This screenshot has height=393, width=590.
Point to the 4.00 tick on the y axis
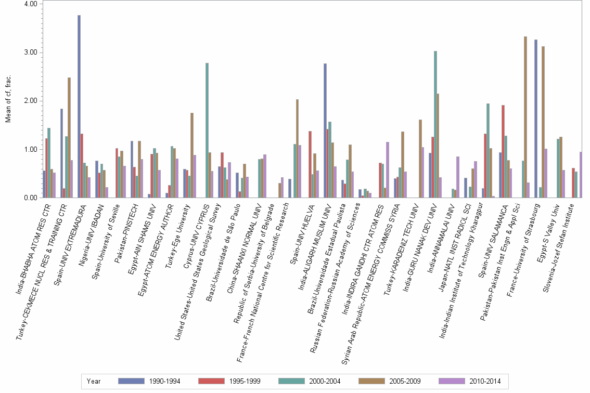30,4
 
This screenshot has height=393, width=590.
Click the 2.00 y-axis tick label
30,101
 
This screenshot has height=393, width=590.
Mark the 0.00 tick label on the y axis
30,198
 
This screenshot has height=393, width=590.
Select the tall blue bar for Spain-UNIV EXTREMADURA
79,107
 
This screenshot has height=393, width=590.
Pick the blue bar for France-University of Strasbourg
536,119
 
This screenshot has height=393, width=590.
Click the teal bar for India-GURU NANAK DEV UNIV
435,124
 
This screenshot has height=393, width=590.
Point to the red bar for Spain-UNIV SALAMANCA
503,151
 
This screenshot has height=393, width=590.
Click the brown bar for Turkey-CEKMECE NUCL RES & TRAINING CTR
69,138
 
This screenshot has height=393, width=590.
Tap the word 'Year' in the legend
94,381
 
